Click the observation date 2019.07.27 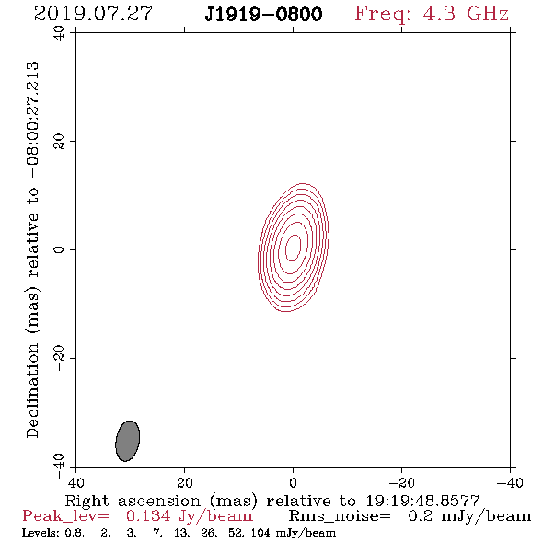click(93, 14)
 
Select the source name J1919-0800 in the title click(263, 15)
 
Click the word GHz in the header click(488, 14)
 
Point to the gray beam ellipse click(127, 441)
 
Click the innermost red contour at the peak click(293, 248)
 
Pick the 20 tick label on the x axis click(184, 482)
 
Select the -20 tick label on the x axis click(401, 482)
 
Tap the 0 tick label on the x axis click(293, 482)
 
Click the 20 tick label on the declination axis click(59, 142)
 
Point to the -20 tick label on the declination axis click(59, 358)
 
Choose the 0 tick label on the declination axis click(59, 249)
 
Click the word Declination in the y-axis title click(32, 390)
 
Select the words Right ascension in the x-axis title click(133, 501)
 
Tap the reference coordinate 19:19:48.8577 click(422, 501)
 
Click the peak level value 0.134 click(148, 516)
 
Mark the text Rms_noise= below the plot click(340, 516)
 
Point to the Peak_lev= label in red click(65, 516)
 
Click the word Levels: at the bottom click(40, 532)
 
